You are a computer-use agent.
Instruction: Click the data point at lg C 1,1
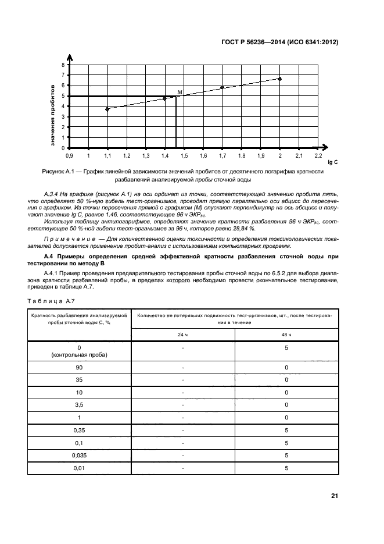tap(107, 109)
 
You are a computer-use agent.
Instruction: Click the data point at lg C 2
tap(279, 79)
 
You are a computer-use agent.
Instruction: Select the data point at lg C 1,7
tap(222, 87)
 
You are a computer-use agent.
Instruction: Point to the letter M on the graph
tap(180, 93)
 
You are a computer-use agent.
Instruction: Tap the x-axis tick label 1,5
tap(184, 156)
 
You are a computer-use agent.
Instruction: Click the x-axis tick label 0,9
tap(69, 156)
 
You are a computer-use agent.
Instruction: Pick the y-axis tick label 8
tap(63, 65)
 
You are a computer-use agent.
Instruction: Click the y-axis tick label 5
tap(63, 96)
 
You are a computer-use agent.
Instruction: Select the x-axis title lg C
tap(333, 162)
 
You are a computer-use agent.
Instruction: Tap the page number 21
tap(334, 496)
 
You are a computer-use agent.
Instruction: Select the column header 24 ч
tap(183, 335)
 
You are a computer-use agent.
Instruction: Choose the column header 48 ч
tap(286, 335)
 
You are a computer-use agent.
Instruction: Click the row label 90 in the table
tap(80, 368)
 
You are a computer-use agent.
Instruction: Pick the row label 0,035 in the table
tap(80, 455)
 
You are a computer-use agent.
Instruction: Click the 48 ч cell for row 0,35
tap(286, 430)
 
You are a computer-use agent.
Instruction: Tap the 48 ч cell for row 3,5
tap(286, 405)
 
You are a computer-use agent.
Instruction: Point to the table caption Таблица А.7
tap(51, 300)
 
